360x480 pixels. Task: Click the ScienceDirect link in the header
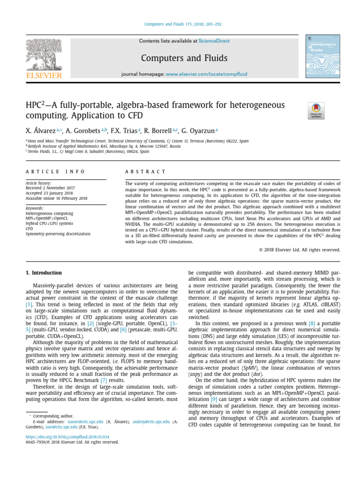[214, 41]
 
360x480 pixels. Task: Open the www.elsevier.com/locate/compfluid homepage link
[207, 75]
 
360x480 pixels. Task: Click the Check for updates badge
[316, 111]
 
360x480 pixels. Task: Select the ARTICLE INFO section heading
[55, 172]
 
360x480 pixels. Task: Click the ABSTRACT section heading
[145, 172]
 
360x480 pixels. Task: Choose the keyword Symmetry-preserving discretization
[58, 233]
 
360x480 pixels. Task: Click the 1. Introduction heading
[44, 273]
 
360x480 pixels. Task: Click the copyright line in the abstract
[300, 249]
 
